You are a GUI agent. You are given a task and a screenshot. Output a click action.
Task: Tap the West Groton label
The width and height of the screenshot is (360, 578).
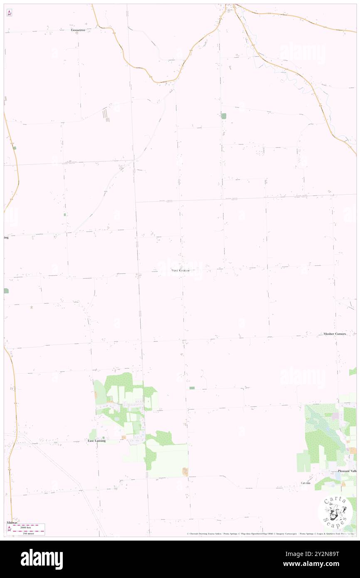(x=180, y=270)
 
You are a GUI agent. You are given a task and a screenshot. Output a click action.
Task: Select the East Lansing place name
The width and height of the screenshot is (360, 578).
(x=96, y=441)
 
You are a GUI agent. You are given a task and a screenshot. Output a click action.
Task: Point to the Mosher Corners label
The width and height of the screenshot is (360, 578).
(x=335, y=334)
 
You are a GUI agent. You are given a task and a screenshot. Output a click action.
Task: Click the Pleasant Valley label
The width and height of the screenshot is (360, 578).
(x=347, y=471)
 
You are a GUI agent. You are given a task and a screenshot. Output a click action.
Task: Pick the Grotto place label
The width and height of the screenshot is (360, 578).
(x=306, y=483)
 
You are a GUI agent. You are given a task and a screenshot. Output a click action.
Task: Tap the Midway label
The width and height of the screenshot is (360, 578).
(x=12, y=522)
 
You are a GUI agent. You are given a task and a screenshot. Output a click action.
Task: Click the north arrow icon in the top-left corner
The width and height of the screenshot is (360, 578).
(x=9, y=13)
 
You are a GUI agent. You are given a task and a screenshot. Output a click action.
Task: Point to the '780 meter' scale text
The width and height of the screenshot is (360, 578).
(x=30, y=532)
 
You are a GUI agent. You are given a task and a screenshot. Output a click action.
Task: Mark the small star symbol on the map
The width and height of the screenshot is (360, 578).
(x=32, y=307)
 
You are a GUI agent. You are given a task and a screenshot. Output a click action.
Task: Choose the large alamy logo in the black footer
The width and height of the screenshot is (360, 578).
(x=42, y=559)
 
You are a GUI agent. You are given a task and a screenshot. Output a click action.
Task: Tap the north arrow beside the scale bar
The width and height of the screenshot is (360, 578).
(x=9, y=529)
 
